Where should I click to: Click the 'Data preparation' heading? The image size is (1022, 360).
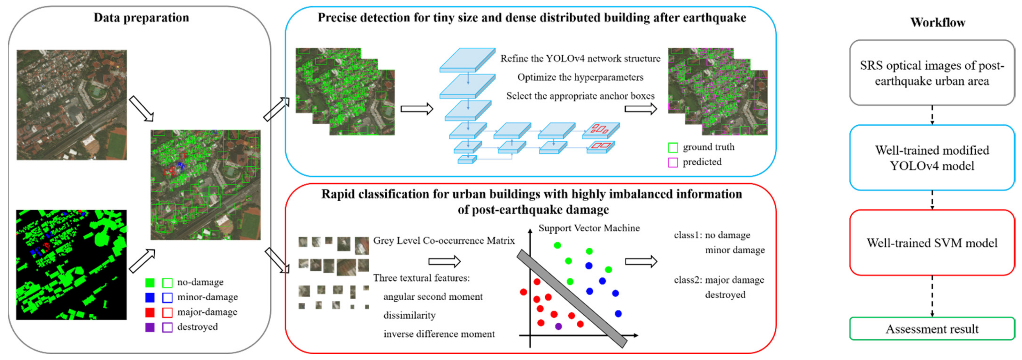[141, 18]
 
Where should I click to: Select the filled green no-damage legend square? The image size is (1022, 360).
[150, 283]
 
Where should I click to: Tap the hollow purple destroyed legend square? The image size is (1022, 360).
[167, 327]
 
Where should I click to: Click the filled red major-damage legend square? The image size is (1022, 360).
[150, 312]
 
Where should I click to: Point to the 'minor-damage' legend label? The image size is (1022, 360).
[208, 297]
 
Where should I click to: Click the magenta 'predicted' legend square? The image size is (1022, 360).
[673, 162]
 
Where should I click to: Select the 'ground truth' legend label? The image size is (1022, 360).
[708, 147]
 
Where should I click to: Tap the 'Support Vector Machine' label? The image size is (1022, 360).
[589, 228]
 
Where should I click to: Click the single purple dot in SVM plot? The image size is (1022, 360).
[559, 326]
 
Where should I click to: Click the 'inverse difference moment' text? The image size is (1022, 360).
[439, 334]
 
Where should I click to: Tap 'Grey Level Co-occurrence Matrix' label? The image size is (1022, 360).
[444, 240]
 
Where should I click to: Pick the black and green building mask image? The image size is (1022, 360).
[71, 265]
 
